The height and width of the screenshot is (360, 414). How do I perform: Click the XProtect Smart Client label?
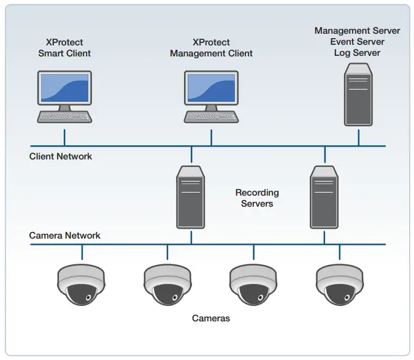(x=64, y=48)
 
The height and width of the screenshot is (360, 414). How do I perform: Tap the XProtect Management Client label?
(x=211, y=48)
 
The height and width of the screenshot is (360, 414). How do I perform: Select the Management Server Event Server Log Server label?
(x=357, y=42)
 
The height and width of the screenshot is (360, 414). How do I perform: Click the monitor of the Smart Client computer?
(x=64, y=87)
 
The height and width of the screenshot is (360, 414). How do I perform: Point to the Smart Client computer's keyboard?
(x=64, y=117)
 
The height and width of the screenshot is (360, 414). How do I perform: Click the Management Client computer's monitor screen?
(x=211, y=87)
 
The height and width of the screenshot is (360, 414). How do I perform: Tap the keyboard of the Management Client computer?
(x=211, y=117)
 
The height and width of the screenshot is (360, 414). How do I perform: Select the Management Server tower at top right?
(x=358, y=98)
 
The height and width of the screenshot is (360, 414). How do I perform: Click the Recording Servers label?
(x=257, y=198)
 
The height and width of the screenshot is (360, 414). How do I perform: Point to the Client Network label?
(x=61, y=156)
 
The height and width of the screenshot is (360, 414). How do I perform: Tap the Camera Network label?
(x=65, y=236)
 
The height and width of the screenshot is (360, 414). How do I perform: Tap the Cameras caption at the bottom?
(x=211, y=318)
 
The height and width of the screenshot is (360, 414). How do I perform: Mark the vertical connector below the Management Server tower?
(x=358, y=137)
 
